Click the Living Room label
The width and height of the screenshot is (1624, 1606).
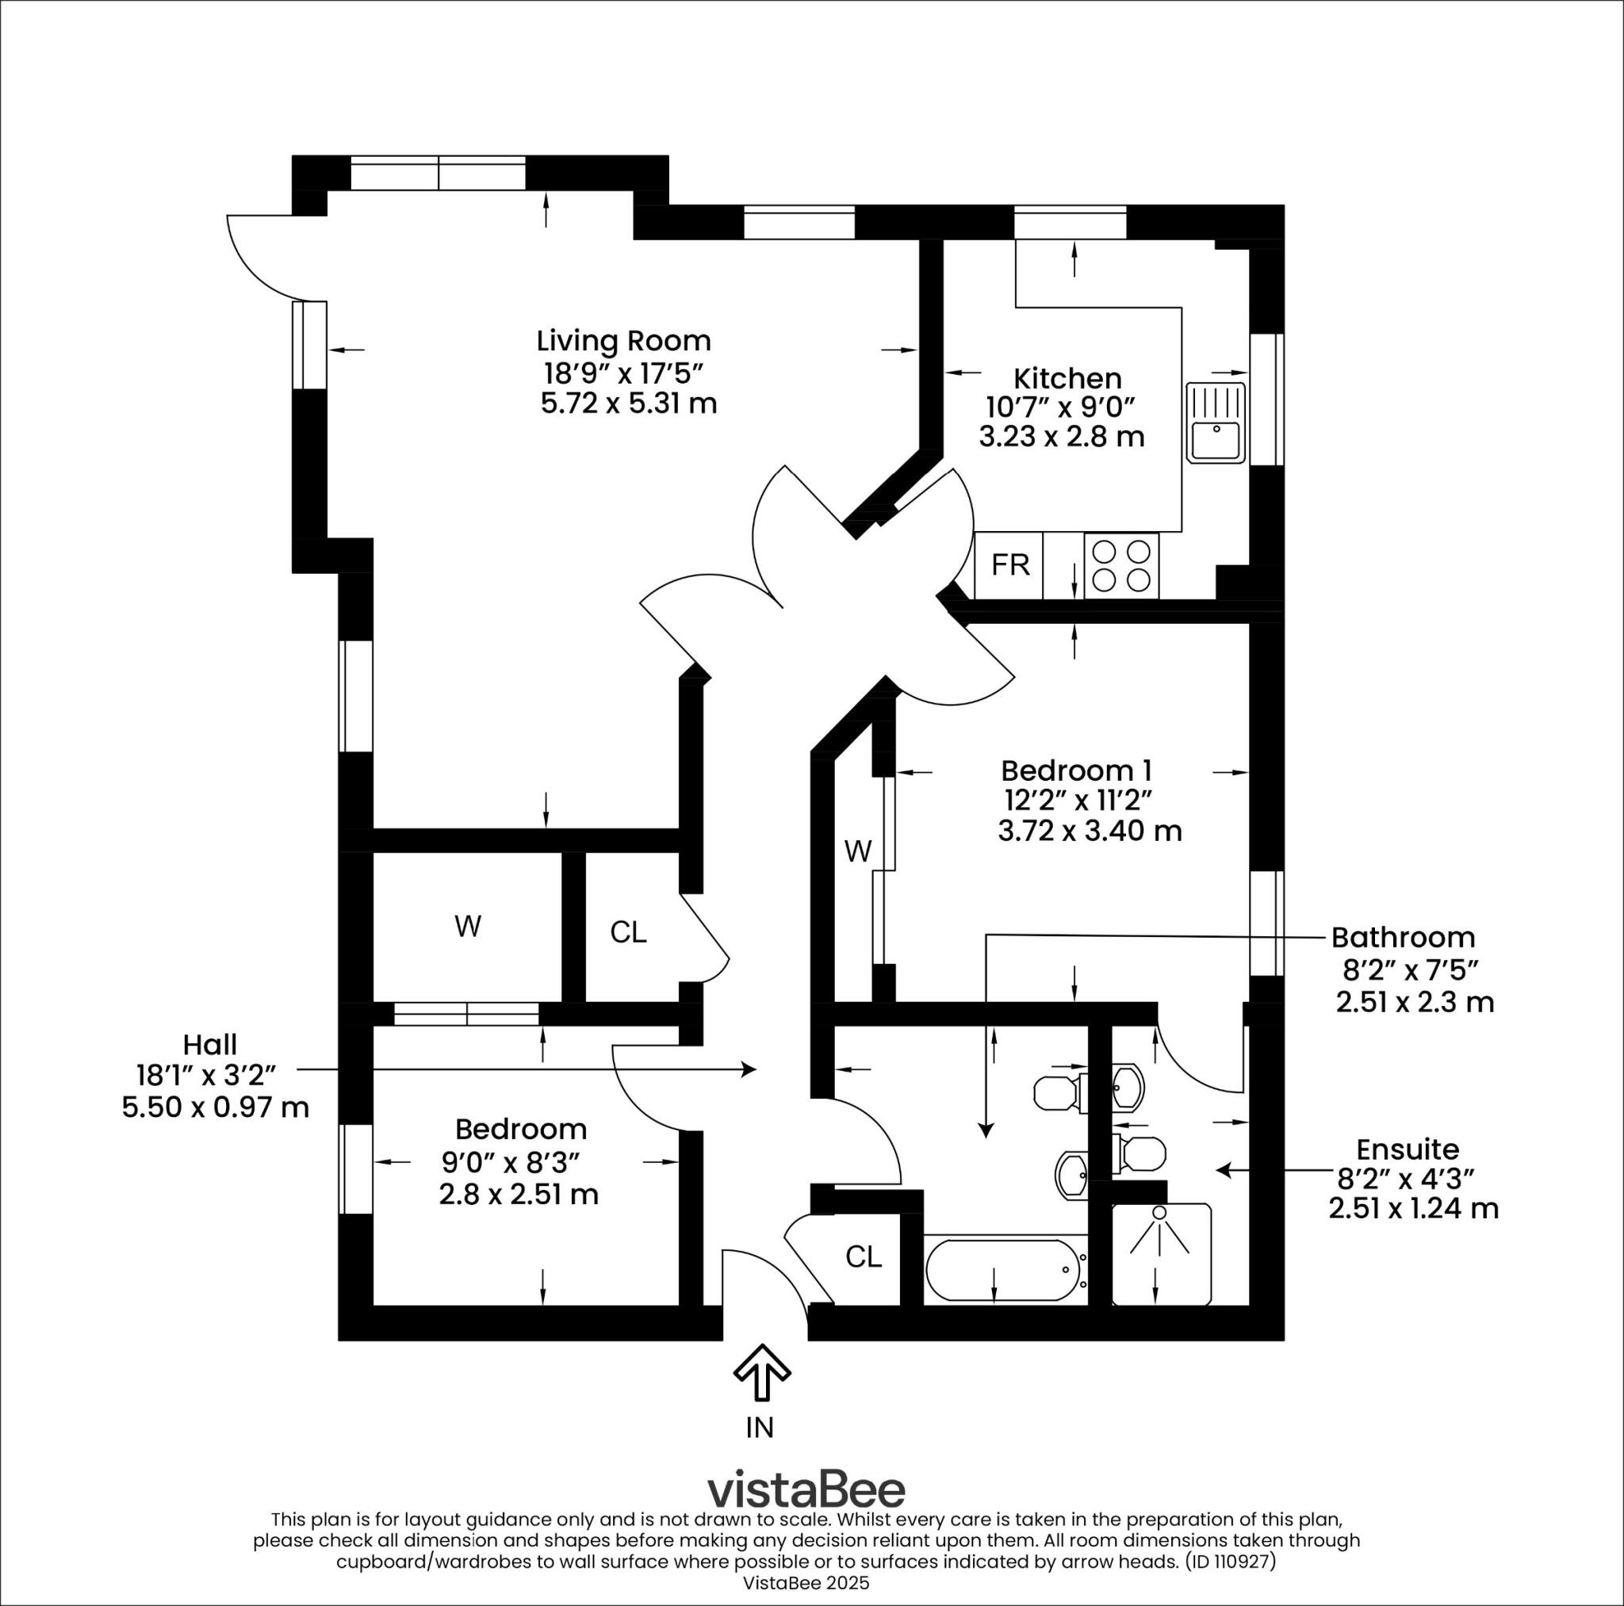(624, 340)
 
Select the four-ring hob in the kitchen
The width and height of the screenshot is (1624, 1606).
(1121, 565)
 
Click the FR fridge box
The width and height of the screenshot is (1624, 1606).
(1009, 565)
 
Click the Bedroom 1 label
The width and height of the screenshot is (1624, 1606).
(1076, 770)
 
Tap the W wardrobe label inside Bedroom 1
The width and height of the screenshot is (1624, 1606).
(857, 852)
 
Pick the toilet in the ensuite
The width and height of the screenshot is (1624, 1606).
(1143, 1153)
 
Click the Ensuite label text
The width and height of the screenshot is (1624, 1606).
(1396, 1149)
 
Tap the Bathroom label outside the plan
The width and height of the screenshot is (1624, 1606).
(1403, 936)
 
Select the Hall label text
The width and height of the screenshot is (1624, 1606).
(210, 1045)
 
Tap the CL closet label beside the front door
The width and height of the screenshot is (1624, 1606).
(864, 1257)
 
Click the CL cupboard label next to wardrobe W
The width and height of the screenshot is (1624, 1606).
(628, 932)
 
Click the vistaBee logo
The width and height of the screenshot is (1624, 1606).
(806, 1489)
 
